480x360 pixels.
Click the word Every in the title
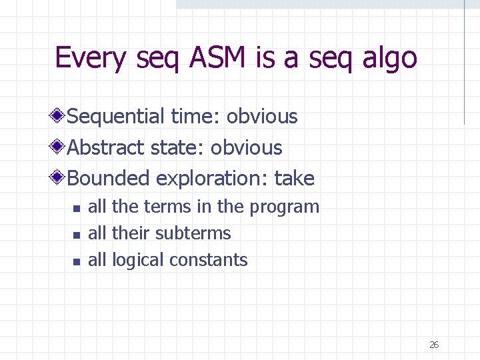pos(90,58)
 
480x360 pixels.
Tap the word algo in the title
pos(389,58)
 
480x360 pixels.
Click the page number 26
pos(433,345)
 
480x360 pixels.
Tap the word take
pos(294,178)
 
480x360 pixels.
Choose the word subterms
pos(193,233)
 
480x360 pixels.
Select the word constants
pos(214,260)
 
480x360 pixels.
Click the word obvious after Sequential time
pos(262,117)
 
